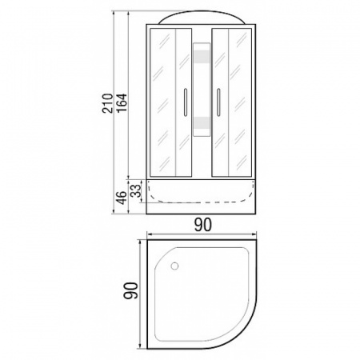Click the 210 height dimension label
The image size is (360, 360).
tap(107, 103)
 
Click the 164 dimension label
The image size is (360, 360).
tap(122, 103)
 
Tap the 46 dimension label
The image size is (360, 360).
tap(122, 198)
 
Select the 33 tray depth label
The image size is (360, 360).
tap(136, 191)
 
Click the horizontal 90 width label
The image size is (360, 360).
tap(203, 225)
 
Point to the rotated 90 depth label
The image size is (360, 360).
tap(130, 290)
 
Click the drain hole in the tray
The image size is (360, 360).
tap(174, 266)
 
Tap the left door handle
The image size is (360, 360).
tap(186, 102)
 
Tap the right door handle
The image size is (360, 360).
tap(218, 102)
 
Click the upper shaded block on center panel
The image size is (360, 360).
tap(202, 57)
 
